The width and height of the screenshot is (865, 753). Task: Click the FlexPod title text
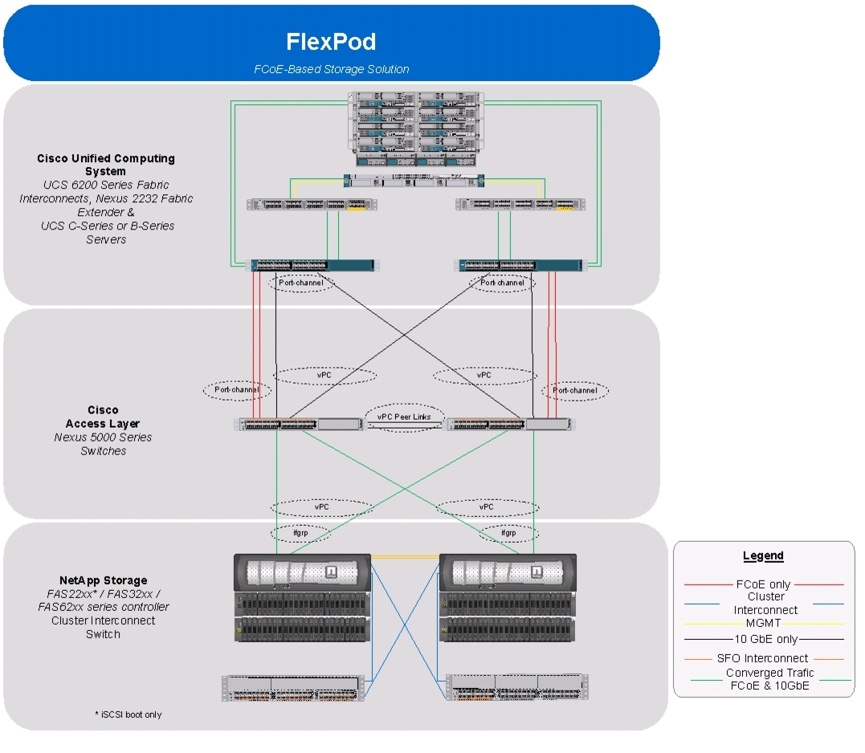click(x=331, y=42)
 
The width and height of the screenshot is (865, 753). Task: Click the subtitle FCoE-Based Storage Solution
click(x=332, y=70)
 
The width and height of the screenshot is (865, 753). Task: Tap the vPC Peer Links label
click(x=404, y=417)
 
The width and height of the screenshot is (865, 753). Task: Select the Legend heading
click(x=763, y=556)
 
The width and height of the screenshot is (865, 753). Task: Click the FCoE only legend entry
click(x=763, y=584)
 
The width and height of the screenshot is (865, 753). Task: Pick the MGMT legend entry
click(x=763, y=624)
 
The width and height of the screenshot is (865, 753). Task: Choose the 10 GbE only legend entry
click(x=765, y=640)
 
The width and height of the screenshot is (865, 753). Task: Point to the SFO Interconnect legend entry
click(x=762, y=658)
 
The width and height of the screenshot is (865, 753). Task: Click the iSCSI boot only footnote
click(x=129, y=715)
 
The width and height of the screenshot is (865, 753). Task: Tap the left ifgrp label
click(x=300, y=533)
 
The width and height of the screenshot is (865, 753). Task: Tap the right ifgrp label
click(x=508, y=533)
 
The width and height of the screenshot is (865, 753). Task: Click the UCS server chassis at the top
click(x=416, y=129)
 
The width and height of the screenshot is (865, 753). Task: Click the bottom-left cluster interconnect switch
click(x=293, y=688)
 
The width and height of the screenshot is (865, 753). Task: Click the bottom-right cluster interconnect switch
click(x=517, y=687)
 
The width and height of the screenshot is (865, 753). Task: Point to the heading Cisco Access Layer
click(x=103, y=417)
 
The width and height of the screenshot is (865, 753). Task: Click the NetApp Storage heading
click(x=103, y=580)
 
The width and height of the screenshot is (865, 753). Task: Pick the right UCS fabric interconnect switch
click(x=519, y=265)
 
